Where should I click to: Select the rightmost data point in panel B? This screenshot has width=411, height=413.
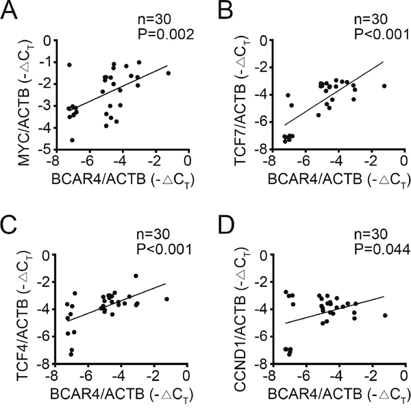pos(384,86)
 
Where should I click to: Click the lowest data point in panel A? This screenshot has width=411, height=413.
pos(72,140)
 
